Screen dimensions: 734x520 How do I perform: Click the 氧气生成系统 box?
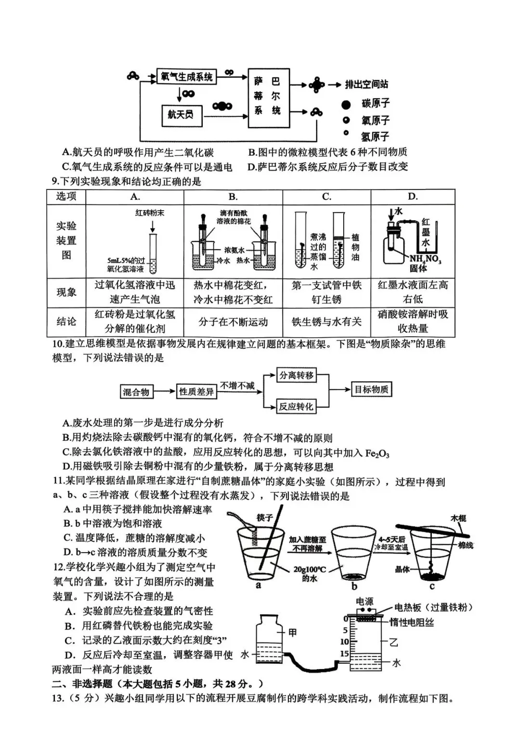point(187,77)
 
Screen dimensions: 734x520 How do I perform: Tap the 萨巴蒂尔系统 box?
point(269,98)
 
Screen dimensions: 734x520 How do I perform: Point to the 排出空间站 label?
point(366,85)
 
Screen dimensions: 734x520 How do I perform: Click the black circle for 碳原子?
point(346,104)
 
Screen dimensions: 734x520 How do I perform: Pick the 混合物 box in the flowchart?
point(136,392)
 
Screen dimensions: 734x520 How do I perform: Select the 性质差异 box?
point(196,392)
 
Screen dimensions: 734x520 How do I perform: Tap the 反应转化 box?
point(296,407)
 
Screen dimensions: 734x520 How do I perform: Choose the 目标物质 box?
point(371,390)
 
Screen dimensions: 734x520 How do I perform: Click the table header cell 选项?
point(66,196)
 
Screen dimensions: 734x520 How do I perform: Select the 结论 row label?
point(66,321)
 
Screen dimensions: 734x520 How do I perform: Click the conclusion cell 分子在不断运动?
point(233,322)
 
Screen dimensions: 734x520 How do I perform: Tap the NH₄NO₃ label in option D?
point(425,259)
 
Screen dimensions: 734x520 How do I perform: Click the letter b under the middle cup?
point(354,586)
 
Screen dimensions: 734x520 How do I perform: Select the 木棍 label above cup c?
point(458,519)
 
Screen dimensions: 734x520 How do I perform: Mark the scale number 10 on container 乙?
point(345,642)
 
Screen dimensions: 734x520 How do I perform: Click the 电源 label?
point(364,602)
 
